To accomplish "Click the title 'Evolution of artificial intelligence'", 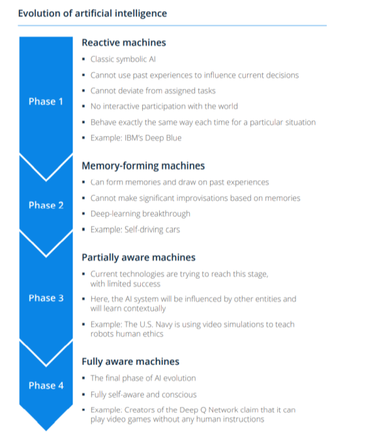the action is click(93, 14).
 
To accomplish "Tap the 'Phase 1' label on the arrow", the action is click(46, 101).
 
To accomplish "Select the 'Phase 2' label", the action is click(46, 205).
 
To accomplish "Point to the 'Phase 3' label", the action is click(46, 298).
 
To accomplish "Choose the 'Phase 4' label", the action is click(46, 385).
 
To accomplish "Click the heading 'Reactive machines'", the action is click(124, 42).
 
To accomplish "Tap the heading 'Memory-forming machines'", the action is click(143, 166).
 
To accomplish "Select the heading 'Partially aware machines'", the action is click(139, 257).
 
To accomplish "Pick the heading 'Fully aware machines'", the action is click(130, 361).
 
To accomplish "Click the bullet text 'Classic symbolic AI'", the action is click(123, 59).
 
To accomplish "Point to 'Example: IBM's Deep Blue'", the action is click(136, 138).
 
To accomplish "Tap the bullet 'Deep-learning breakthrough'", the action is click(140, 214).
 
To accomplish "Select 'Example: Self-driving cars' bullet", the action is click(135, 229).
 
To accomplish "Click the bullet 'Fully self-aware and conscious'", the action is click(143, 394).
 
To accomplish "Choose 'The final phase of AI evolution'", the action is click(143, 378).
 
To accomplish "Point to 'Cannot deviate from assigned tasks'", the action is click(153, 91).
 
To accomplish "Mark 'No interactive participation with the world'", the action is click(164, 106).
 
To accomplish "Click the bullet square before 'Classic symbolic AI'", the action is click(83, 59).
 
